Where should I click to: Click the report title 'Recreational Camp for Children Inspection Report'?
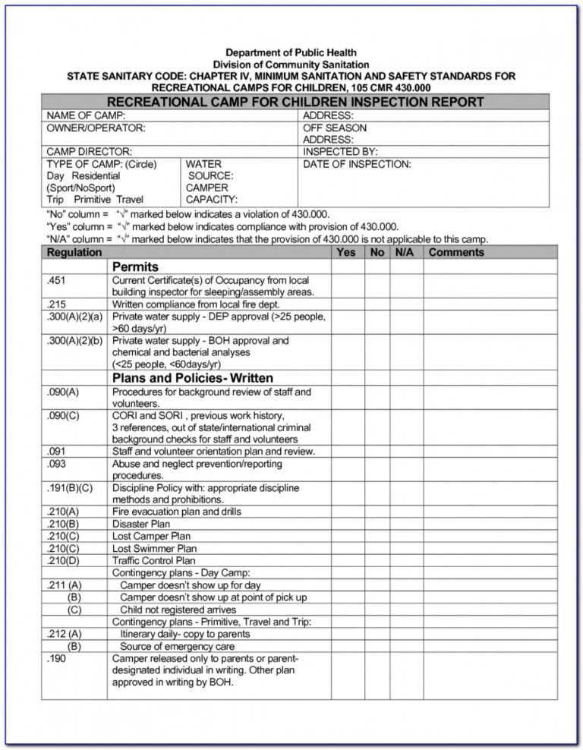click(295, 102)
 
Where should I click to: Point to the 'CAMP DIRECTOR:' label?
click(89, 152)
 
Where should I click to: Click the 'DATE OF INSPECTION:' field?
click(357, 164)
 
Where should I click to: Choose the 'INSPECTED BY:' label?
click(340, 152)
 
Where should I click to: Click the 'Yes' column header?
click(345, 252)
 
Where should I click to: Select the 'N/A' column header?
click(404, 252)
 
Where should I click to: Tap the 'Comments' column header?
click(456, 252)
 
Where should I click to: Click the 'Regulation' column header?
click(74, 252)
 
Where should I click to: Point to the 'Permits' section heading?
click(135, 267)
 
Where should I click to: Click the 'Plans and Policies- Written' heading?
click(193, 378)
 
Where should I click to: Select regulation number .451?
click(57, 280)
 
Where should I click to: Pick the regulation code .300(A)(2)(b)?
click(74, 341)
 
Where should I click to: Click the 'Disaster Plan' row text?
click(141, 524)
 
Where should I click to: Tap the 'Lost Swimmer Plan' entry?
click(154, 548)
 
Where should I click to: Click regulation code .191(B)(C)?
click(70, 487)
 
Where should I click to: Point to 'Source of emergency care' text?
click(177, 646)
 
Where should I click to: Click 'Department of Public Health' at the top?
click(291, 52)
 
